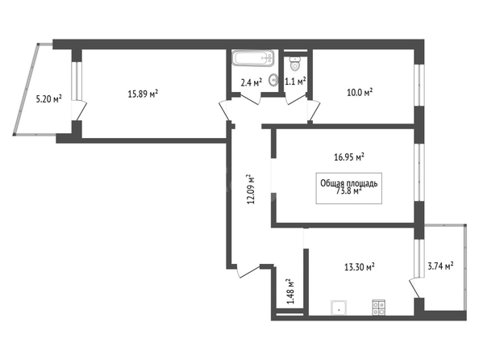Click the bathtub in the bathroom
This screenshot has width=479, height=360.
coord(252,58)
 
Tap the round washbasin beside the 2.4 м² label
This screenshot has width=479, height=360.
coord(273,80)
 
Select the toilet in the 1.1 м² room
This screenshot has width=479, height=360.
coord(295,63)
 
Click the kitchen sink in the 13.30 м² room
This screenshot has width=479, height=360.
coord(339,308)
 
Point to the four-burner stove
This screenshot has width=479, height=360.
coord(379,308)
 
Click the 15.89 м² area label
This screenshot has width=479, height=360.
coord(143,94)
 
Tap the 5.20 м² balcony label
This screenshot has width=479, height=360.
coord(49,98)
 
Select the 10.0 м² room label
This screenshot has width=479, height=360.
coord(360,92)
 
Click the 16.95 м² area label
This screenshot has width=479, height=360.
coord(349,157)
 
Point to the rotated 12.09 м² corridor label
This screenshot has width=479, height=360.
coord(251,190)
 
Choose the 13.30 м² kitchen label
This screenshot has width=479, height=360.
coord(360,267)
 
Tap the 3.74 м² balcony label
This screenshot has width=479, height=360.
coord(440,266)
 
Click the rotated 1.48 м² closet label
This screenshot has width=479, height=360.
coord(290,291)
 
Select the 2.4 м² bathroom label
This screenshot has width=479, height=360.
coord(252,82)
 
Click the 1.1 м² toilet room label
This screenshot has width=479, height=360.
coord(295,82)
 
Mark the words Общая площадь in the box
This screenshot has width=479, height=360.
coord(349,183)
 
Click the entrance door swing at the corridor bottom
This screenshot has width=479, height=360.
coord(248,270)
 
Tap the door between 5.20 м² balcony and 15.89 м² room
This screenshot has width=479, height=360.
coord(79,110)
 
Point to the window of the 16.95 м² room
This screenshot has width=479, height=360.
coord(419,172)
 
